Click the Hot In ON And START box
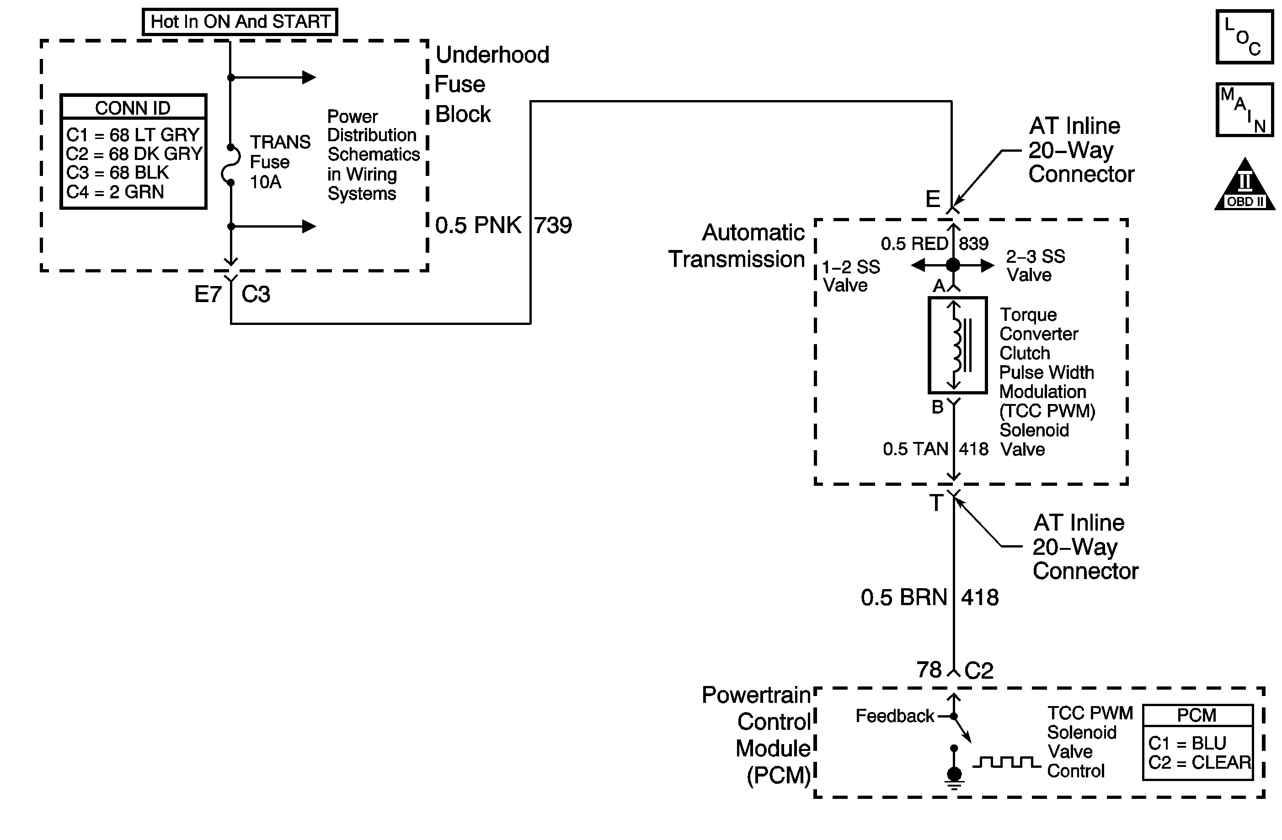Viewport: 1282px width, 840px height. coord(240,22)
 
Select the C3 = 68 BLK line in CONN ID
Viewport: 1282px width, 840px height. coord(118,173)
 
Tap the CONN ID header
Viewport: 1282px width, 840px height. coord(133,108)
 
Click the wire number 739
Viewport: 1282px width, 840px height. coord(553,225)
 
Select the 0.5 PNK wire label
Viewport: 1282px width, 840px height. coord(478,225)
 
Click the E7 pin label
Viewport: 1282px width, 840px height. coord(208,294)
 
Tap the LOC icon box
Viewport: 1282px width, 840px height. coord(1245,37)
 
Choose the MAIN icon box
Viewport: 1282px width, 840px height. coord(1245,110)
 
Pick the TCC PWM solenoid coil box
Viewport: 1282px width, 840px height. coord(957,345)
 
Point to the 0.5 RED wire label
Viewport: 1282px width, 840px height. coord(914,244)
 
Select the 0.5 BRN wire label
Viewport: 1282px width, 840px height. coord(903,598)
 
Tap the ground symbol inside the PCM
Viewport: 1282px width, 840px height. coord(954,777)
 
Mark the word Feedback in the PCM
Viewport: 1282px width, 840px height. coord(895,716)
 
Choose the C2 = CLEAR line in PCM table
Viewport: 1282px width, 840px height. coord(1199,762)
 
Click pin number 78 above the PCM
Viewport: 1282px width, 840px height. coord(929,670)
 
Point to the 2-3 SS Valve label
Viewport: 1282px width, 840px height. coord(1035,266)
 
